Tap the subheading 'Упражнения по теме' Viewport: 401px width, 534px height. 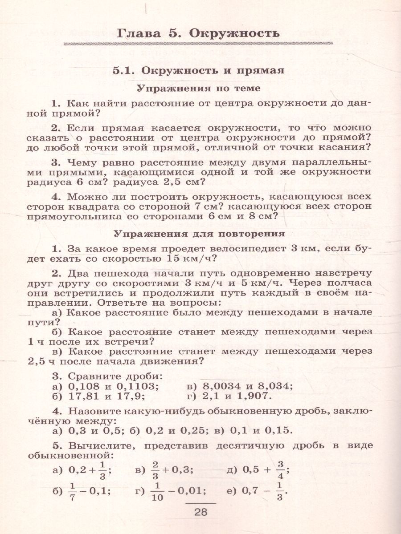click(x=198, y=88)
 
